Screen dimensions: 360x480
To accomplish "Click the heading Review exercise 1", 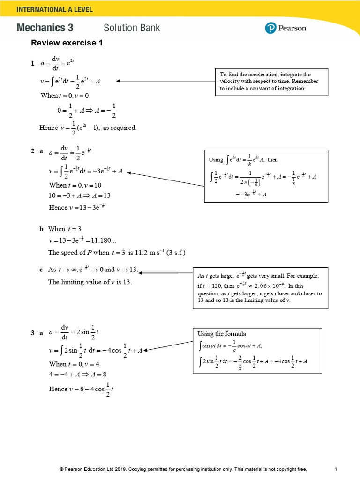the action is pyautogui.click(x=66, y=43).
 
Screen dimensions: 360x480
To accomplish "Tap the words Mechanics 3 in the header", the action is pyautogui.click(x=45, y=28).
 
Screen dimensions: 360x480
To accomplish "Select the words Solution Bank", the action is pyautogui.click(x=132, y=28).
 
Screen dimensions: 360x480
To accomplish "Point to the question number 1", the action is pyautogui.click(x=33, y=63).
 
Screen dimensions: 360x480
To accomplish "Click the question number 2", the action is pyautogui.click(x=33, y=151).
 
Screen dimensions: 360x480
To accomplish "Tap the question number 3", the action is pyautogui.click(x=33, y=333).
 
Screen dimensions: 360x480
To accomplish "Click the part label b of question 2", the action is pyautogui.click(x=41, y=229).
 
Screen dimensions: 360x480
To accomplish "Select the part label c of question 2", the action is pyautogui.click(x=41, y=270).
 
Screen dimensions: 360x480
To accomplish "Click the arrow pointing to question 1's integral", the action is pyautogui.click(x=164, y=81).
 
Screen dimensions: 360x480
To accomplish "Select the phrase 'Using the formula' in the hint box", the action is pyautogui.click(x=222, y=334).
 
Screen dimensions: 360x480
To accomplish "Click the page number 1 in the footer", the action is pyautogui.click(x=336, y=469).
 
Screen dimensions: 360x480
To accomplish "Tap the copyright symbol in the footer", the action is pyautogui.click(x=61, y=469).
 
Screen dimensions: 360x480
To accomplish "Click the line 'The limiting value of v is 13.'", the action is pyautogui.click(x=90, y=282).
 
